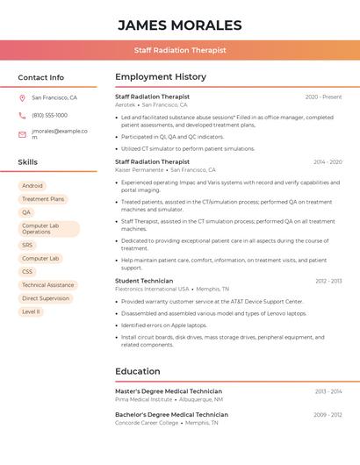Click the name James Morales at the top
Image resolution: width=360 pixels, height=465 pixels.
(x=179, y=25)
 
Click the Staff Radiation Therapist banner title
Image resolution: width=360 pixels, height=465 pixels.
(x=180, y=50)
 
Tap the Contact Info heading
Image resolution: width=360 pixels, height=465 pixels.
(x=40, y=77)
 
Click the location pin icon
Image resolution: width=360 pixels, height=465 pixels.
(x=22, y=98)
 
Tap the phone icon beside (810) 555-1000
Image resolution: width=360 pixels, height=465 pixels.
(x=22, y=116)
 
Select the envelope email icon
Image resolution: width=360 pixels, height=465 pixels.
(x=22, y=134)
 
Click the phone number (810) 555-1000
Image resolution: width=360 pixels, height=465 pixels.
(x=49, y=116)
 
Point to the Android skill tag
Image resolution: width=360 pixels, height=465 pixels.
(x=32, y=186)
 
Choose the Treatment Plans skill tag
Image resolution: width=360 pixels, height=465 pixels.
(x=43, y=199)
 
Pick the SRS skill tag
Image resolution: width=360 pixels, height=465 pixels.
(x=27, y=246)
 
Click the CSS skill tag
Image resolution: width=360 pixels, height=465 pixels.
(x=27, y=272)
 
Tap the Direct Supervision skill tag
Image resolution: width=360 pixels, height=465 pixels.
(x=46, y=298)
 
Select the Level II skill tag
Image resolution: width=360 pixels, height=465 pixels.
(x=31, y=311)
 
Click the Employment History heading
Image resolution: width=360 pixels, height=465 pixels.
(x=161, y=77)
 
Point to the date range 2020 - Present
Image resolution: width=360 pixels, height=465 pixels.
(x=323, y=97)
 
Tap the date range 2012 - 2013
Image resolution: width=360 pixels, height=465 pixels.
(x=328, y=281)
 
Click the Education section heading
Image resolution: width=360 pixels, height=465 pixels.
(x=138, y=371)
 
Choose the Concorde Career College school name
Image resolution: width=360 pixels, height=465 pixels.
(x=145, y=423)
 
